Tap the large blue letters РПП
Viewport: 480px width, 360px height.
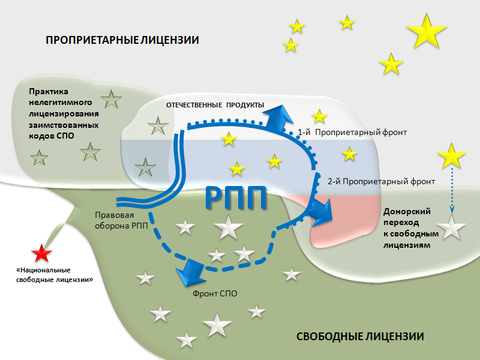236,196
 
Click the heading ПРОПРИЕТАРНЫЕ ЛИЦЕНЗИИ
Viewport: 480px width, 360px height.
122,40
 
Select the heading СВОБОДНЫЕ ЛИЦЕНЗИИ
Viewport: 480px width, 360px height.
360,337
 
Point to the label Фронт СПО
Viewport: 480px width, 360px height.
215,294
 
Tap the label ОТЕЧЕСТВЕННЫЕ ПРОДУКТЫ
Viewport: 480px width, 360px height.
215,105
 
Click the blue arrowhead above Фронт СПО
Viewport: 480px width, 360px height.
190,271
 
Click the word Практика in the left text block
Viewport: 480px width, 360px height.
49,91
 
